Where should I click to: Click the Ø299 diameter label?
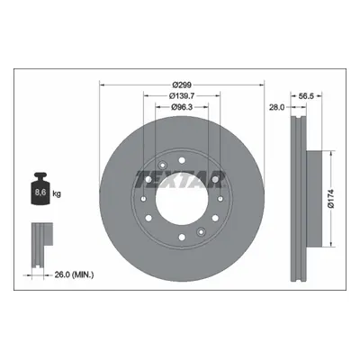(182, 85)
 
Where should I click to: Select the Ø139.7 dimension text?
(182, 96)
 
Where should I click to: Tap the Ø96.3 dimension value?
(182, 107)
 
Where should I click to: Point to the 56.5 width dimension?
(306, 96)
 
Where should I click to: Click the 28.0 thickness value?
(276, 107)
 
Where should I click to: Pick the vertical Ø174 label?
(331, 199)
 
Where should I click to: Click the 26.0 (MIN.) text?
(74, 274)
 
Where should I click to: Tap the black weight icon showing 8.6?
(40, 189)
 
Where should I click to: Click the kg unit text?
(57, 193)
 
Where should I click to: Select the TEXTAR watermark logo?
(180, 179)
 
